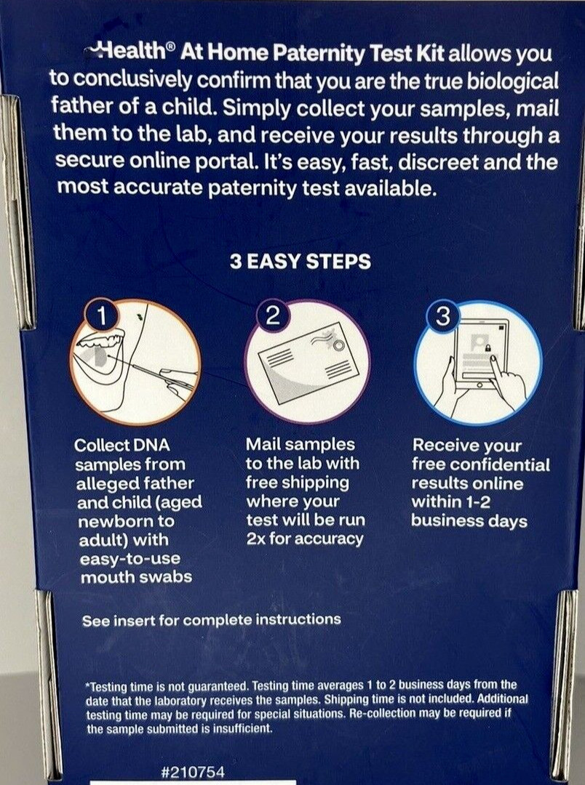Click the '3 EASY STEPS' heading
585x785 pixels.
[x=301, y=262]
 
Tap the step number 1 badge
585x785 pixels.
[x=102, y=316]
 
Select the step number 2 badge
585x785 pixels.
[x=272, y=316]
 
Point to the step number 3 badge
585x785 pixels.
[x=443, y=316]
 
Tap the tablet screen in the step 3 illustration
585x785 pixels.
[x=479, y=356]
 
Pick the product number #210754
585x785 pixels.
[x=193, y=771]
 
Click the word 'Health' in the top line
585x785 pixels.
[x=132, y=51]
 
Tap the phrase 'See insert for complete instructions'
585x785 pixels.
[x=211, y=620]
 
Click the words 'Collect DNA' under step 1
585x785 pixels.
[x=122, y=445]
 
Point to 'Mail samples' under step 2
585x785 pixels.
[x=301, y=445]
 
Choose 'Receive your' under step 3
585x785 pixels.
[x=466, y=445]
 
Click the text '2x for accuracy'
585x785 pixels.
[x=305, y=539]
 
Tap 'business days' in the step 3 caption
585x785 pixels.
[x=469, y=520]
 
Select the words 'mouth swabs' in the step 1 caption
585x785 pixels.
[x=136, y=577]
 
